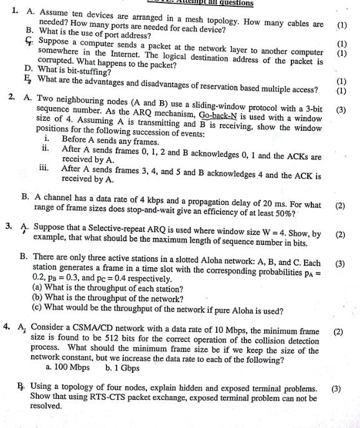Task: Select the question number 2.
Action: pyautogui.click(x=12, y=98)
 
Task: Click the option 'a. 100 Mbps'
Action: pyautogui.click(x=71, y=367)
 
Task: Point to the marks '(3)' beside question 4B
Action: pyautogui.click(x=336, y=388)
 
